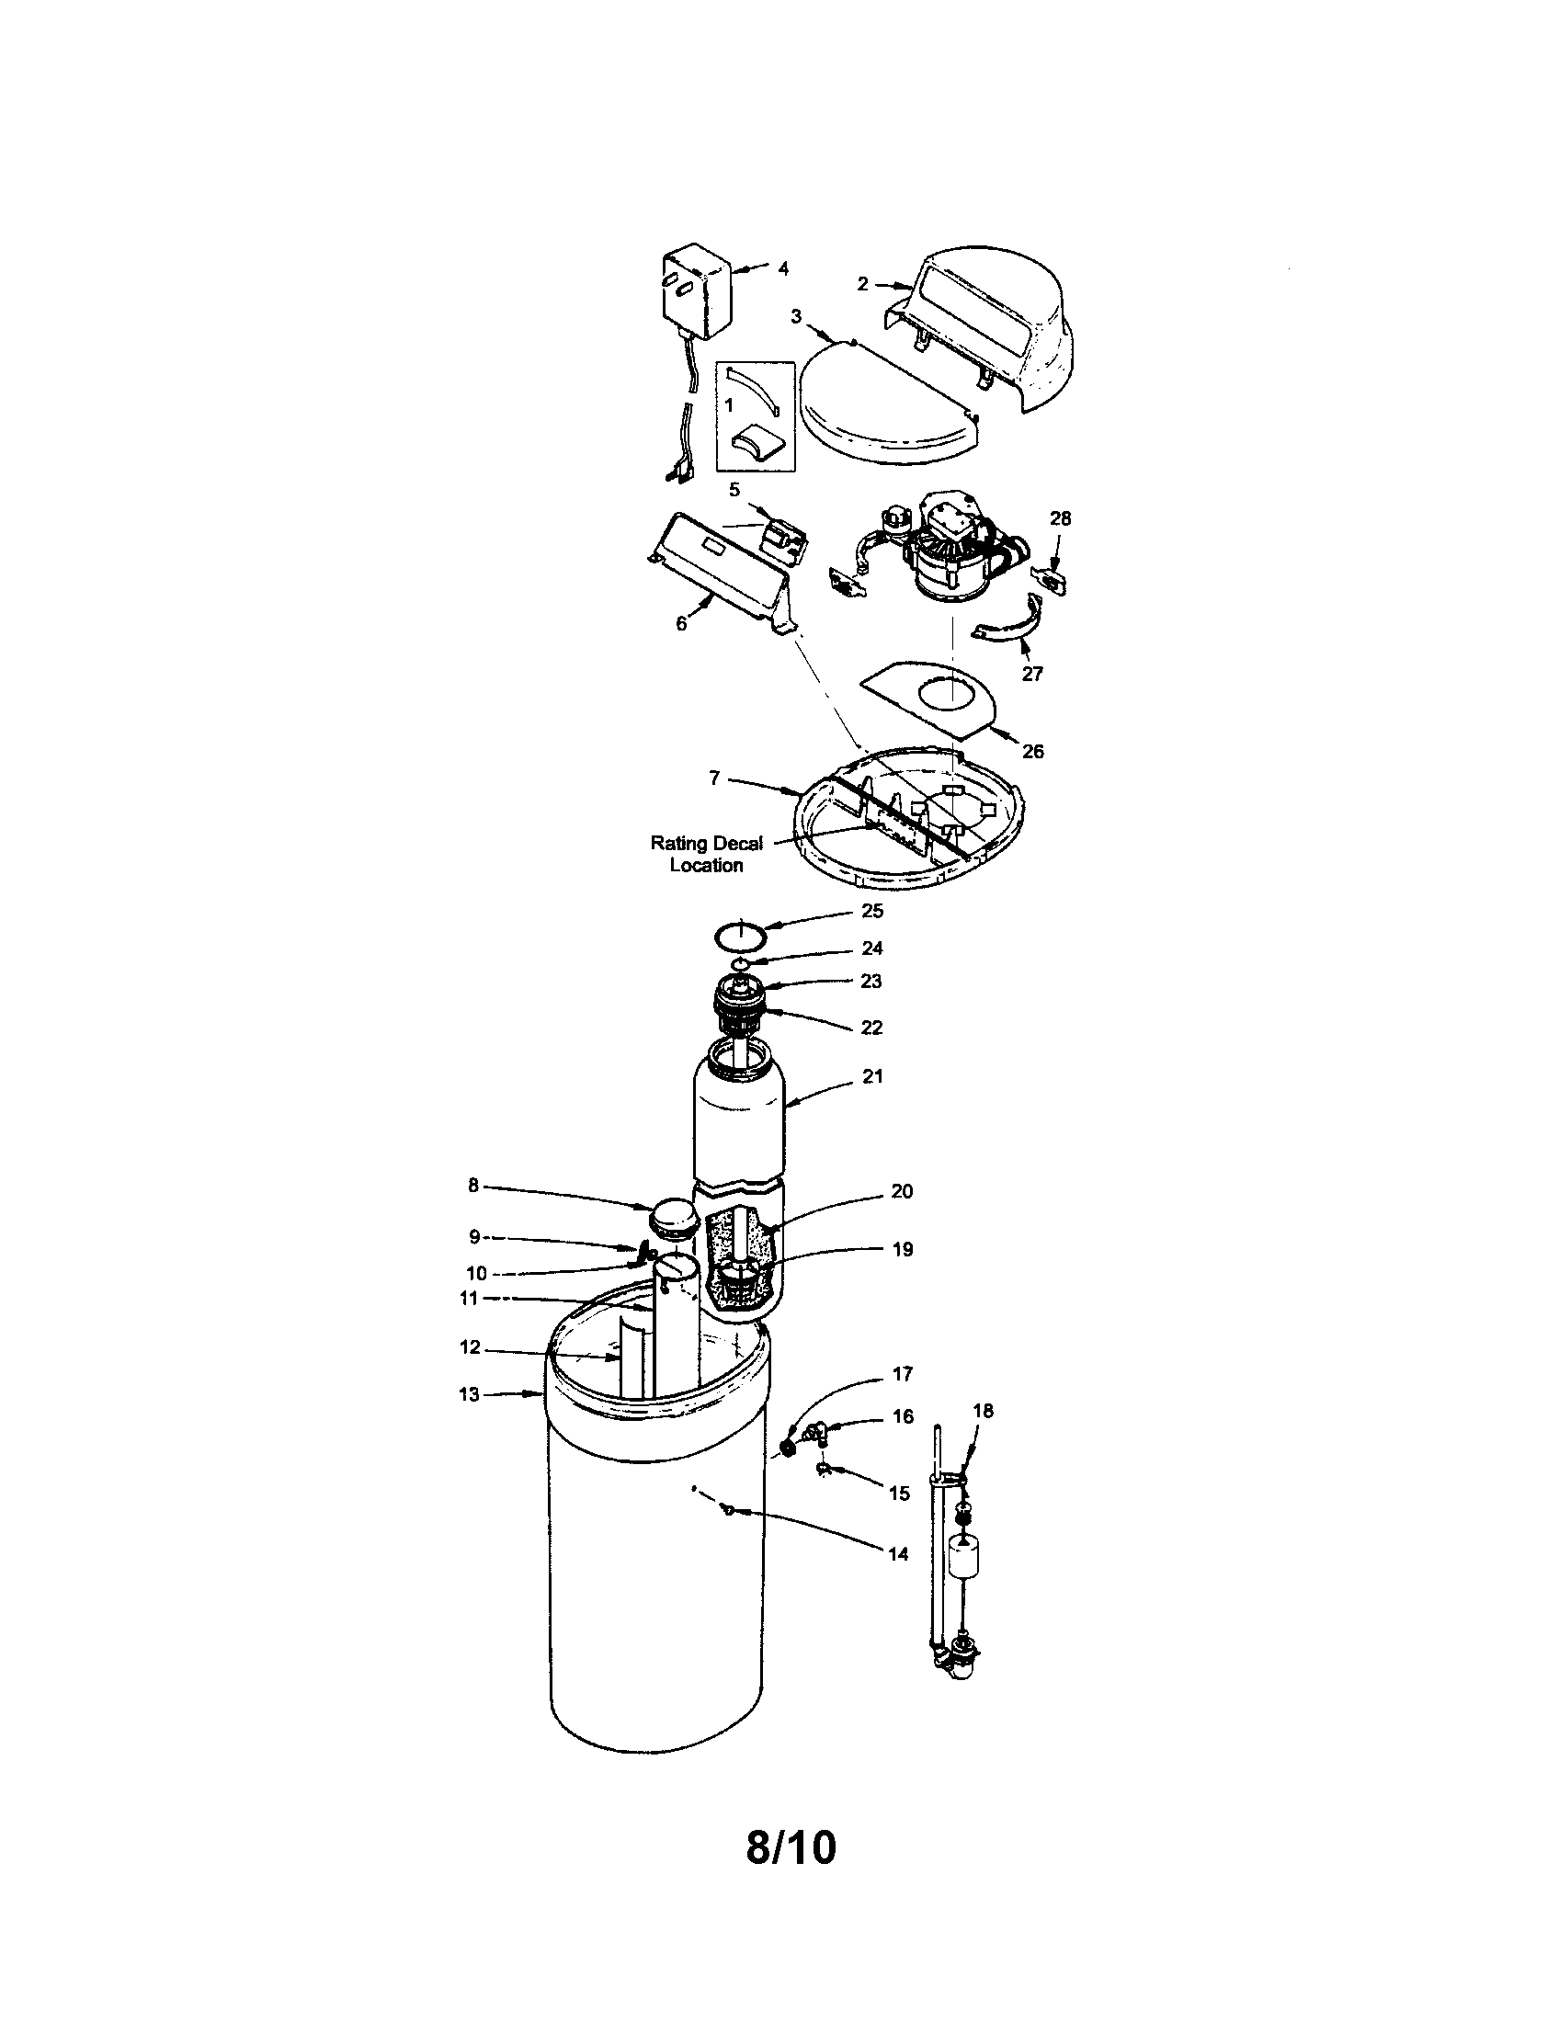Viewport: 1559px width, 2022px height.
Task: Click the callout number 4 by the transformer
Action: pos(783,268)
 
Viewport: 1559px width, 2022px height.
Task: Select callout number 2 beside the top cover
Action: pos(862,284)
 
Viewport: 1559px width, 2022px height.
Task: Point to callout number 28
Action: pos(1060,518)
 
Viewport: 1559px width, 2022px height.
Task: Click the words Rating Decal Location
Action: pos(706,854)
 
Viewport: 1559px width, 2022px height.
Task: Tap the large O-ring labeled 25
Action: pos(742,936)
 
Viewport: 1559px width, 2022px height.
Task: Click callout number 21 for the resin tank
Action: pos(873,1076)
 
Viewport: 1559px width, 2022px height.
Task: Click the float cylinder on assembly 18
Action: pos(962,1562)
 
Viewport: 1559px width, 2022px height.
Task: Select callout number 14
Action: pos(898,1553)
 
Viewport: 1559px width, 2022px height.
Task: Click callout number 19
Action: pos(902,1249)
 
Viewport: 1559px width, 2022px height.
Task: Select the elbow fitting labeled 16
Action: pos(813,1433)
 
